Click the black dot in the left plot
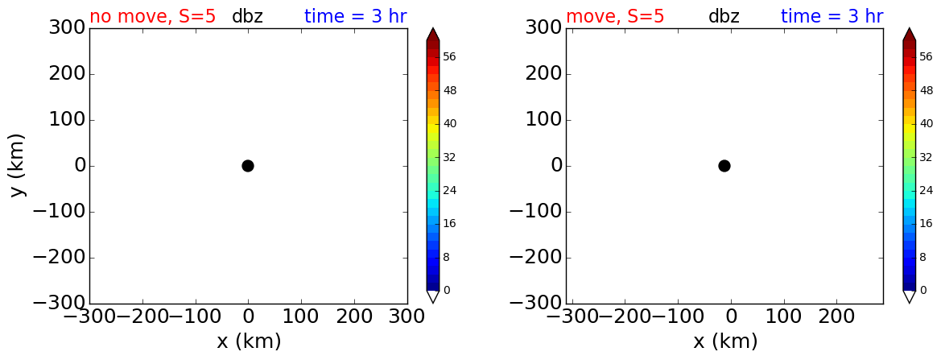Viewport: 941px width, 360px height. pos(248,166)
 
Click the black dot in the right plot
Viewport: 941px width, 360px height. pos(724,166)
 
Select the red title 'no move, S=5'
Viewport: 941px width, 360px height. pos(152,16)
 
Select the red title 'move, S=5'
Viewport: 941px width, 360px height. pos(615,16)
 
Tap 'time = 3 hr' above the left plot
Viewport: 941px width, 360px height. pos(356,16)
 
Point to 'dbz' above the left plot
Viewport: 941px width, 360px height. pos(248,16)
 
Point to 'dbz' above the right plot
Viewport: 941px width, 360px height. pos(724,16)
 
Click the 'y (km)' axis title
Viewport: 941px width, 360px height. pos(19,166)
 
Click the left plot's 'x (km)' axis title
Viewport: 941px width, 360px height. pos(249,341)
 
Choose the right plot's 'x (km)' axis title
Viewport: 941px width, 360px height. pos(725,341)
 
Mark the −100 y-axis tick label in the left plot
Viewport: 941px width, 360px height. pos(61,212)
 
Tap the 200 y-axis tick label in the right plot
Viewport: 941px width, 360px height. pos(543,74)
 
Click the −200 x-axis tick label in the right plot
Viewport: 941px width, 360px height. pos(625,317)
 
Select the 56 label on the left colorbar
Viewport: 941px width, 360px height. pos(449,57)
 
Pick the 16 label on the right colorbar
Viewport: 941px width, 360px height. pos(926,223)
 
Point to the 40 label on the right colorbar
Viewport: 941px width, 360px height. pos(926,123)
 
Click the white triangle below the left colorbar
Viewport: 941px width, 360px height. pos(433,296)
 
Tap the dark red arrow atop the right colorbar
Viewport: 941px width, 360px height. pos(909,34)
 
